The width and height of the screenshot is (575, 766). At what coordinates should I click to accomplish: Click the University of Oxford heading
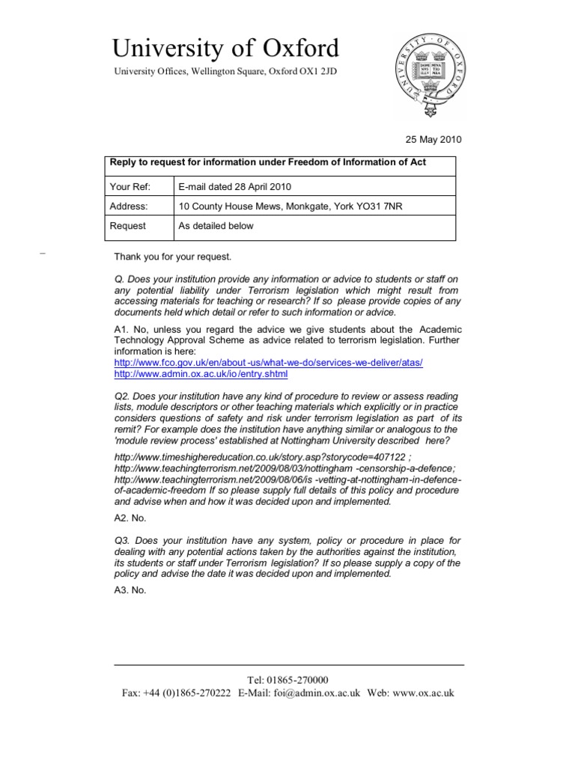pos(225,49)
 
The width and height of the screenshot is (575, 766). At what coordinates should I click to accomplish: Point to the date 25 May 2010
pos(433,139)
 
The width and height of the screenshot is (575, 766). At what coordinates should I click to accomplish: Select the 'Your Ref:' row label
pos(130,186)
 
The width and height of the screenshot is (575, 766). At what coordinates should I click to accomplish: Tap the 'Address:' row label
pos(129,206)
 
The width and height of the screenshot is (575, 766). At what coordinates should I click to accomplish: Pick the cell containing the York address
pos(290,206)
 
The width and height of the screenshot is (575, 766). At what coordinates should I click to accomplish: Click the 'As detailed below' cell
pos(216,226)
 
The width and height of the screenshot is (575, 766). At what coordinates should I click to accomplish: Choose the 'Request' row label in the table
pos(128,226)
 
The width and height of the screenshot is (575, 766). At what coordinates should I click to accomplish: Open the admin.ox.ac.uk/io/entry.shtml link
pos(201,373)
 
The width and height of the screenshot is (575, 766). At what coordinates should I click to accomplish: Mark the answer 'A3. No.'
pos(130,589)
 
